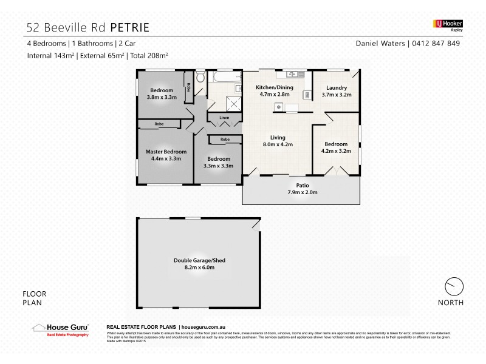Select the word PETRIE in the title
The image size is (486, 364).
tap(128, 27)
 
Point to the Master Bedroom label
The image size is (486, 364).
tap(166, 151)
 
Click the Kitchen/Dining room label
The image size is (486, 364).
tap(276, 87)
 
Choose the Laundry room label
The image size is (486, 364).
tap(336, 87)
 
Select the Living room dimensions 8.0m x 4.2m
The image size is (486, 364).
tap(277, 144)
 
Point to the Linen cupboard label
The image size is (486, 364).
tap(219, 117)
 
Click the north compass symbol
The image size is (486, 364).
tap(453, 285)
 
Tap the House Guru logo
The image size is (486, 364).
tap(60, 329)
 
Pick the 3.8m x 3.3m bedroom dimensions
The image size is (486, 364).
tap(162, 97)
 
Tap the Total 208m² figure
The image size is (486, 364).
tap(148, 55)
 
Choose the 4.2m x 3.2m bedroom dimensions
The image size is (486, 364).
tap(335, 152)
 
